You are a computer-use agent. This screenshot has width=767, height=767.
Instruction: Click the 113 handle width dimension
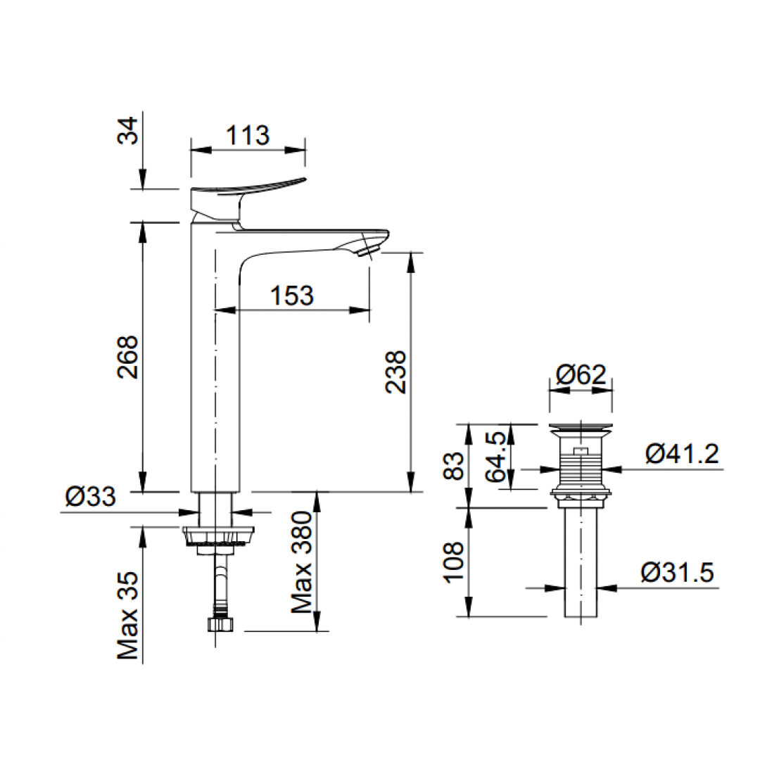(x=248, y=134)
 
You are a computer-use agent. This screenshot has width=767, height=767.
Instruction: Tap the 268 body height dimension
(x=128, y=357)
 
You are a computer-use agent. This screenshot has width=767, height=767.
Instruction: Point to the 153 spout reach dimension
(x=292, y=296)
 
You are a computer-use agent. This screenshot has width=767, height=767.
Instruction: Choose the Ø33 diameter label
(x=91, y=498)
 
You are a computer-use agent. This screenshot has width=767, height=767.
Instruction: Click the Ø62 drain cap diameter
(x=581, y=374)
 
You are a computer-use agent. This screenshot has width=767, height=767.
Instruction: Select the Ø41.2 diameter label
(x=682, y=455)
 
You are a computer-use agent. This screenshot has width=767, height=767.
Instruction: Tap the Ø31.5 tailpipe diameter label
(x=677, y=573)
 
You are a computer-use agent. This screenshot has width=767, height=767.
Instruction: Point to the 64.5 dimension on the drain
(x=497, y=457)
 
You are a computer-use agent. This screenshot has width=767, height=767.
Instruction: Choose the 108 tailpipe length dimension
(x=456, y=564)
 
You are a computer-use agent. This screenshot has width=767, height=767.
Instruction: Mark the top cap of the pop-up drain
(x=581, y=427)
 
